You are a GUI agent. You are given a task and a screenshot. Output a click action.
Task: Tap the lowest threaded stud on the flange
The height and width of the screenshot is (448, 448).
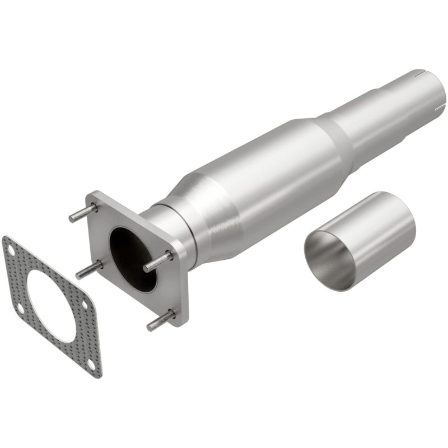tap(161, 321)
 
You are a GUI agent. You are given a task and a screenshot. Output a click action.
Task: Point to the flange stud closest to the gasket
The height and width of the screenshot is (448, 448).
tap(89, 269)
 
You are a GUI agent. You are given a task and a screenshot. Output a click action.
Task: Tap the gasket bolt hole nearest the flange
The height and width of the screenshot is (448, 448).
tap(85, 304)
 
